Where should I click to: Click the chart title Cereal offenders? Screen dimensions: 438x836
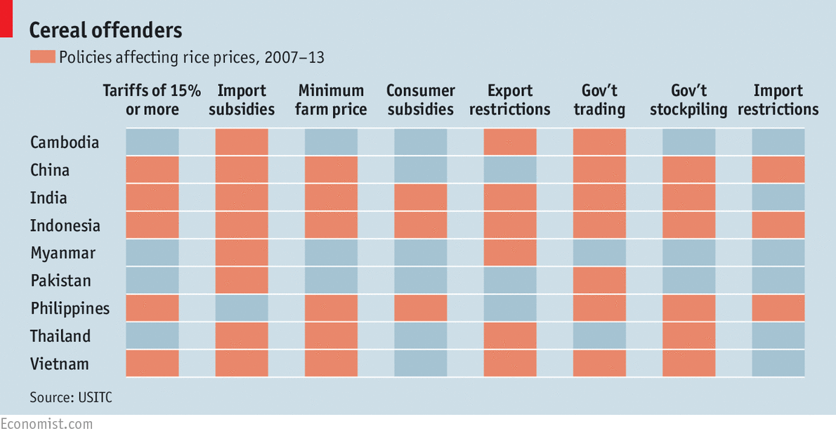[x=105, y=30]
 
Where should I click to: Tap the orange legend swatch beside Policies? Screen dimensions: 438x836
[x=41, y=58]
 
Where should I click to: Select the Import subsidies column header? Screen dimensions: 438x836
[x=242, y=100]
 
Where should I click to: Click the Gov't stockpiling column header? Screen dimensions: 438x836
[x=688, y=100]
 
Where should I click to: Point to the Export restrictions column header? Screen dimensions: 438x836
[x=510, y=100]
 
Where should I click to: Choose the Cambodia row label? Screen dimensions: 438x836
[x=65, y=142]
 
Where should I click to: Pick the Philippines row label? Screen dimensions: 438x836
[x=70, y=309]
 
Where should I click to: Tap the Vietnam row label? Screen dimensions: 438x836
[x=60, y=364]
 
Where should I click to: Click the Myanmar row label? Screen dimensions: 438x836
[x=63, y=253]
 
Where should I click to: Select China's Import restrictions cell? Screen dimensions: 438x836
[x=778, y=170]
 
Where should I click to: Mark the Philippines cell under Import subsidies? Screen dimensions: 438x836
[x=242, y=309]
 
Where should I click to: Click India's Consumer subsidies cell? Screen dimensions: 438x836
[x=421, y=198]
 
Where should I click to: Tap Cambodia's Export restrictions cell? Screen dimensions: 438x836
[x=510, y=142]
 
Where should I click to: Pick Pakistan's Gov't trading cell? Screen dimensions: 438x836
[x=599, y=281]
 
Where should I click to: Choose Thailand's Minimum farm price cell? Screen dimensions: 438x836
[x=331, y=336]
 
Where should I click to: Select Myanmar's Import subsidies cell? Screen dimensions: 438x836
[x=242, y=253]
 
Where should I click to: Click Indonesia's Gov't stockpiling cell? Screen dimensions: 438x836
[x=688, y=225]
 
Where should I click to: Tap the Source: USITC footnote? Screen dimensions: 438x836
[x=71, y=398]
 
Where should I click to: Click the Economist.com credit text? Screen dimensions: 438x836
[x=46, y=424]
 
